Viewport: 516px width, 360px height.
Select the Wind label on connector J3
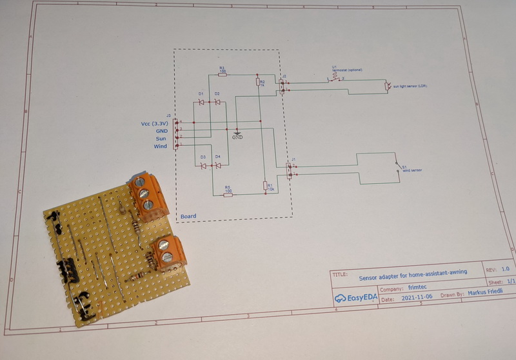[160, 146]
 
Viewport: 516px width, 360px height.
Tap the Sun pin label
[161, 138]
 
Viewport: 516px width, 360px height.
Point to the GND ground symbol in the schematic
[237, 134]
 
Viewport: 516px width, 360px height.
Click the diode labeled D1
[201, 102]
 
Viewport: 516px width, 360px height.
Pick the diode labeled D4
[218, 165]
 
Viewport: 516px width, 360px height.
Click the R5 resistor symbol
[228, 194]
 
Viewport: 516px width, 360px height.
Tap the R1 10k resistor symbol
[265, 186]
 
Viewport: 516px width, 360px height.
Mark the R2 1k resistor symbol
[258, 82]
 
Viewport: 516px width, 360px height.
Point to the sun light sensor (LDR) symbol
[387, 86]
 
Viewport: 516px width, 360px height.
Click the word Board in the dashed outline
[188, 216]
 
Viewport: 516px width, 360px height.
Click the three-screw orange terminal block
[144, 194]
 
